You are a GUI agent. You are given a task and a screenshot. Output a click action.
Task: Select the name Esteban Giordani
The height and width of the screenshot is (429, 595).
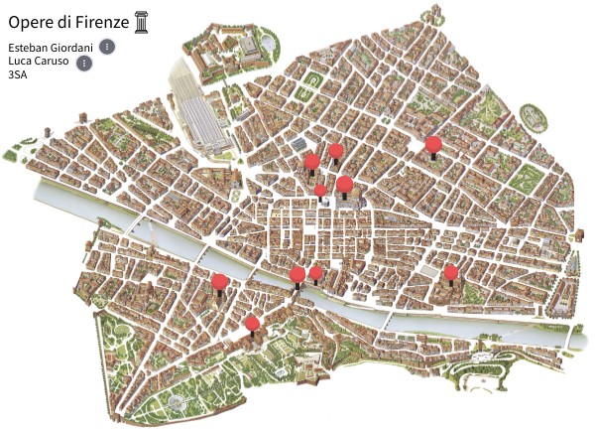click(x=50, y=48)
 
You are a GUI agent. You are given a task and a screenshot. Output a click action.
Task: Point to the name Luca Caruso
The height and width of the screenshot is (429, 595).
click(x=38, y=61)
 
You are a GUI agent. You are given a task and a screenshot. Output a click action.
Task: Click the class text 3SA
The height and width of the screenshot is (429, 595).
click(x=17, y=73)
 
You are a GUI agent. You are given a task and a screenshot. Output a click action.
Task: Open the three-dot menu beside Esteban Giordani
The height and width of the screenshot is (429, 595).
click(x=107, y=46)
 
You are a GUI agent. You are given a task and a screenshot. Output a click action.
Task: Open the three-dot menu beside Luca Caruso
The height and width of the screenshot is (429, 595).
click(x=84, y=64)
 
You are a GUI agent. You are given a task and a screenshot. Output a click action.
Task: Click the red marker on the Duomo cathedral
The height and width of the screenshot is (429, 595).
click(x=344, y=184)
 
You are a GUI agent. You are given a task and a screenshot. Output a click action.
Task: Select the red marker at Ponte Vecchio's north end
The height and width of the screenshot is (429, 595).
click(x=297, y=274)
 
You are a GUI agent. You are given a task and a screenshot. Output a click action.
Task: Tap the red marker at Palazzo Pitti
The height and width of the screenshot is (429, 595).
click(x=252, y=323)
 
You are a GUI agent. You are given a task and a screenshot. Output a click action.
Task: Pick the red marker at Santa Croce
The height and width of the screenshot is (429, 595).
click(x=451, y=272)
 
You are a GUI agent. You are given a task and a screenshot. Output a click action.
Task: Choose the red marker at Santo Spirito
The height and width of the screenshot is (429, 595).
click(x=219, y=282)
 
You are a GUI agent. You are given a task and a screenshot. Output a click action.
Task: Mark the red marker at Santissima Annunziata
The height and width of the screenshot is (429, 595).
click(x=432, y=145)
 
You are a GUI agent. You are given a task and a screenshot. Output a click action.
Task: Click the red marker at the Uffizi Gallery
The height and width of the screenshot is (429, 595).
click(x=316, y=273)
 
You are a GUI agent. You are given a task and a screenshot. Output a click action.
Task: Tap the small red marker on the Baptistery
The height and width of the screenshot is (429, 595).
click(x=320, y=190)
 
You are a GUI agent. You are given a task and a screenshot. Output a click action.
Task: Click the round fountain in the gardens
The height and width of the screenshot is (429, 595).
click(x=178, y=401)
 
